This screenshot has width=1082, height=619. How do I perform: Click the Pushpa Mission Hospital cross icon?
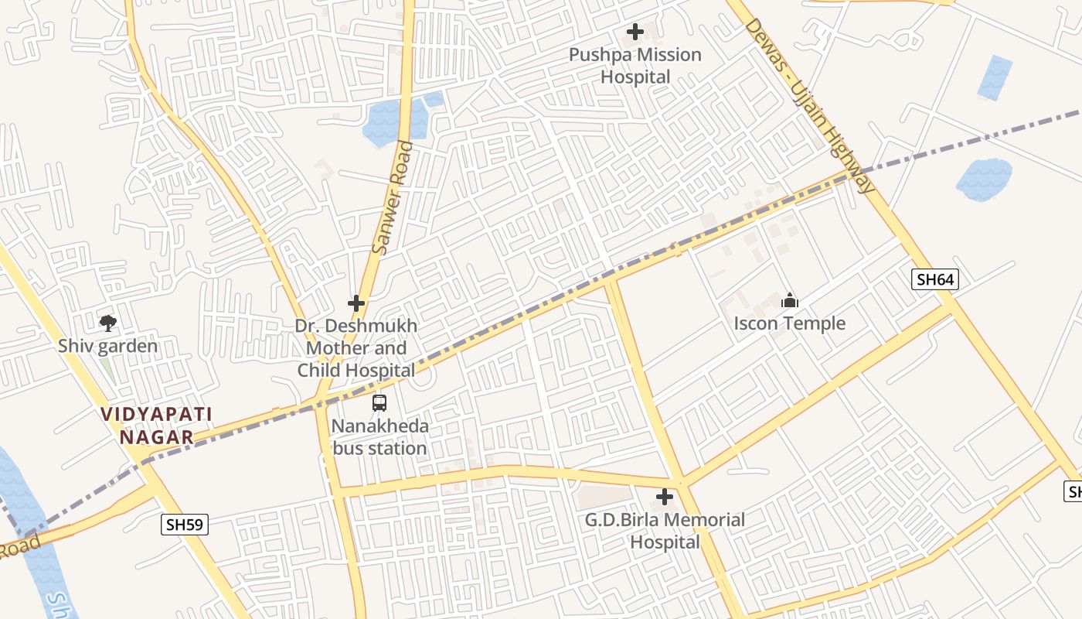635,32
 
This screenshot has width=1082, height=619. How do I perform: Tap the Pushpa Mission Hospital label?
635,66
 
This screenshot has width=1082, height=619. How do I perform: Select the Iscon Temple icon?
790,300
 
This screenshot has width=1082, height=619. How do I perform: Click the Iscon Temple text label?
790,323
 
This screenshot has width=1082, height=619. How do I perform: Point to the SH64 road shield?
934,279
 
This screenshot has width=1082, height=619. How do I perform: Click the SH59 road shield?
185,525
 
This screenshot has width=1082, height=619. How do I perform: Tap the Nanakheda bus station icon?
379,402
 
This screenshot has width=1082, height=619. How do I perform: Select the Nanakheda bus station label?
379,437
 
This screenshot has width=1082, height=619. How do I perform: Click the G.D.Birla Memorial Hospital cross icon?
664,497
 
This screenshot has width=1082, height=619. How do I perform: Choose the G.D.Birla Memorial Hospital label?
665,531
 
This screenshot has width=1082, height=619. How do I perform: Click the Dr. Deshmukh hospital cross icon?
356,303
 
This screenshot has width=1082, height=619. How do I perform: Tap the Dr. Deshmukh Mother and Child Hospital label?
356,348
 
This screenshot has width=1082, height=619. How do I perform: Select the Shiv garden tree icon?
108,323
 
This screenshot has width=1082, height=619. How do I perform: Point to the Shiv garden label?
108,346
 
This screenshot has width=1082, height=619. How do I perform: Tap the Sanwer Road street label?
392,198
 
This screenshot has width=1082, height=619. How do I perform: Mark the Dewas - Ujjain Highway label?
810,106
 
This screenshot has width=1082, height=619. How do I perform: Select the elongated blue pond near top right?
995,77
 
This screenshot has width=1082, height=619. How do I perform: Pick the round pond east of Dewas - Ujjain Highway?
984,180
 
